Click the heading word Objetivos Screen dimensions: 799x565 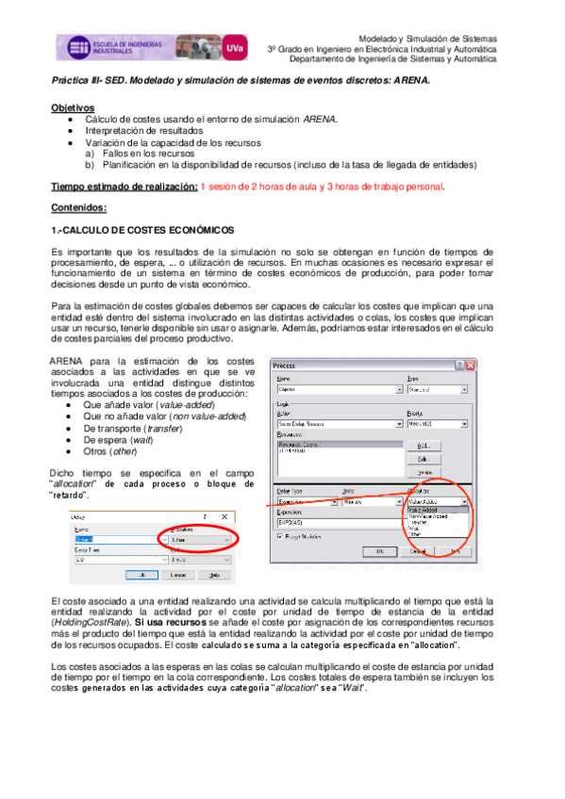pos(73,109)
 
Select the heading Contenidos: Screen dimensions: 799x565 pos(79,207)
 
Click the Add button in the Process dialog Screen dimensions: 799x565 pos(424,445)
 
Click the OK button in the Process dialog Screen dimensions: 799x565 pos(380,550)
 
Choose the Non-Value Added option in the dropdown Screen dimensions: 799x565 pos(427,516)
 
